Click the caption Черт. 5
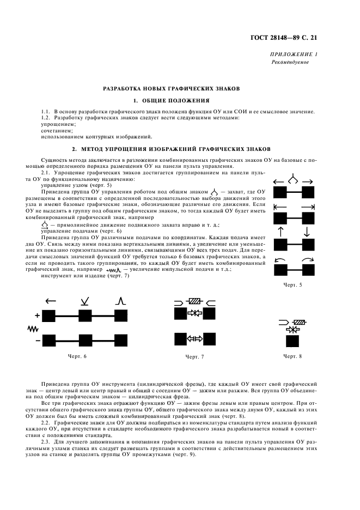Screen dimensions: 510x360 (x=292, y=285)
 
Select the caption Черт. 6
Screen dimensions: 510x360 (x=76, y=356)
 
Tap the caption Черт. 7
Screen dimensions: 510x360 (x=194, y=356)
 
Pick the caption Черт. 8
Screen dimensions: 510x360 (x=292, y=356)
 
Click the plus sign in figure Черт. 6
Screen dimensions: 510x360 (x=37, y=315)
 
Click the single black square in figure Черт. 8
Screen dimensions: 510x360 (x=292, y=342)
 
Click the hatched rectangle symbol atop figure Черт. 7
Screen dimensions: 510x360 (x=194, y=301)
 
